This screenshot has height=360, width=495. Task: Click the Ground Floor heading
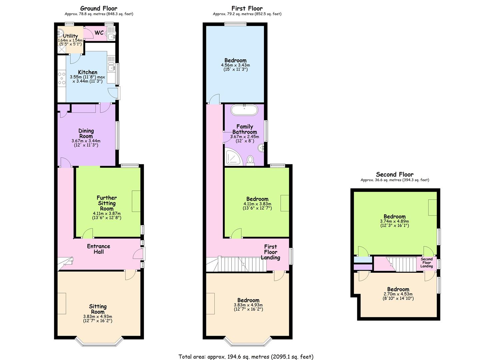(x=99, y=8)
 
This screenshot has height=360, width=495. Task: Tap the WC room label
(x=99, y=33)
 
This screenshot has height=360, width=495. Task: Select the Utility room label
(x=70, y=36)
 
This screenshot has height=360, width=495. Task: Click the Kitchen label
(x=88, y=72)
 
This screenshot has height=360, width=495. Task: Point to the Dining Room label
(x=86, y=133)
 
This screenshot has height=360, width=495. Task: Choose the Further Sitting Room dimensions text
(x=107, y=216)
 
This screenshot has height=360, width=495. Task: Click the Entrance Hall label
(x=98, y=249)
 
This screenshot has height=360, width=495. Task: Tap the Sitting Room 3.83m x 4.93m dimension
(x=98, y=317)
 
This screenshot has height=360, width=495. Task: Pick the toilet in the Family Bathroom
(x=250, y=160)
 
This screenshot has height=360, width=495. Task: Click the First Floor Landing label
(x=270, y=252)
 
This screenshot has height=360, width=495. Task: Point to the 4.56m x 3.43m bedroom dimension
(x=235, y=65)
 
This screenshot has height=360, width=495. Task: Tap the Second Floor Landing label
(x=426, y=262)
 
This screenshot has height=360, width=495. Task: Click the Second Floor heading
(x=395, y=174)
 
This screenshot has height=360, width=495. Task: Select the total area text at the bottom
(x=246, y=357)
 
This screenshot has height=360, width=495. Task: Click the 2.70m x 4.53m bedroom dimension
(x=398, y=294)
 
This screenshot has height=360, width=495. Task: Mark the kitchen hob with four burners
(x=62, y=78)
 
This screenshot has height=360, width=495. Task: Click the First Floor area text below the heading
(x=247, y=14)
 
